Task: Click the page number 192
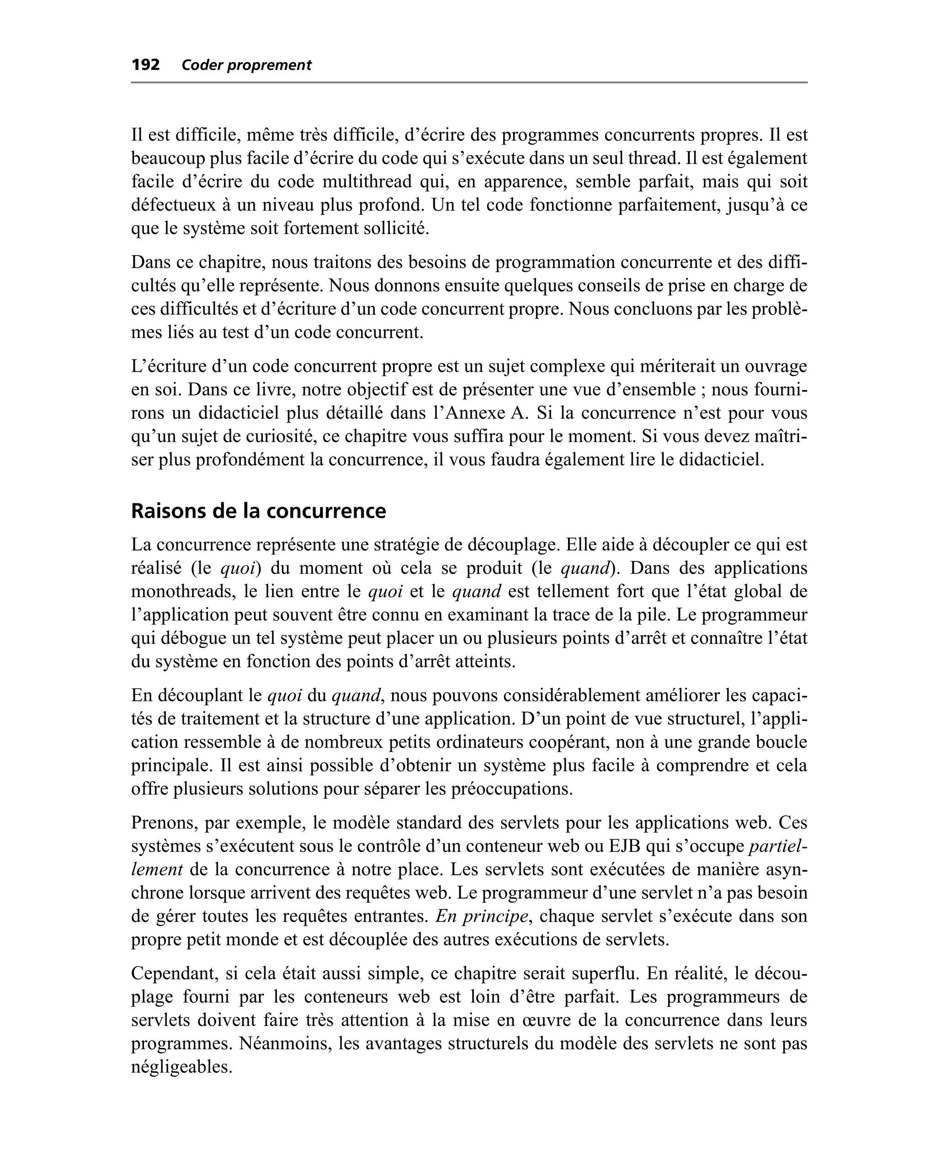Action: coord(146,65)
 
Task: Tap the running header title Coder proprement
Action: coord(246,65)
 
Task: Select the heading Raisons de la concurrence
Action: coord(258,511)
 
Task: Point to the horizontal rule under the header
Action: coord(469,82)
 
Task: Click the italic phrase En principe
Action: coord(482,916)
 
